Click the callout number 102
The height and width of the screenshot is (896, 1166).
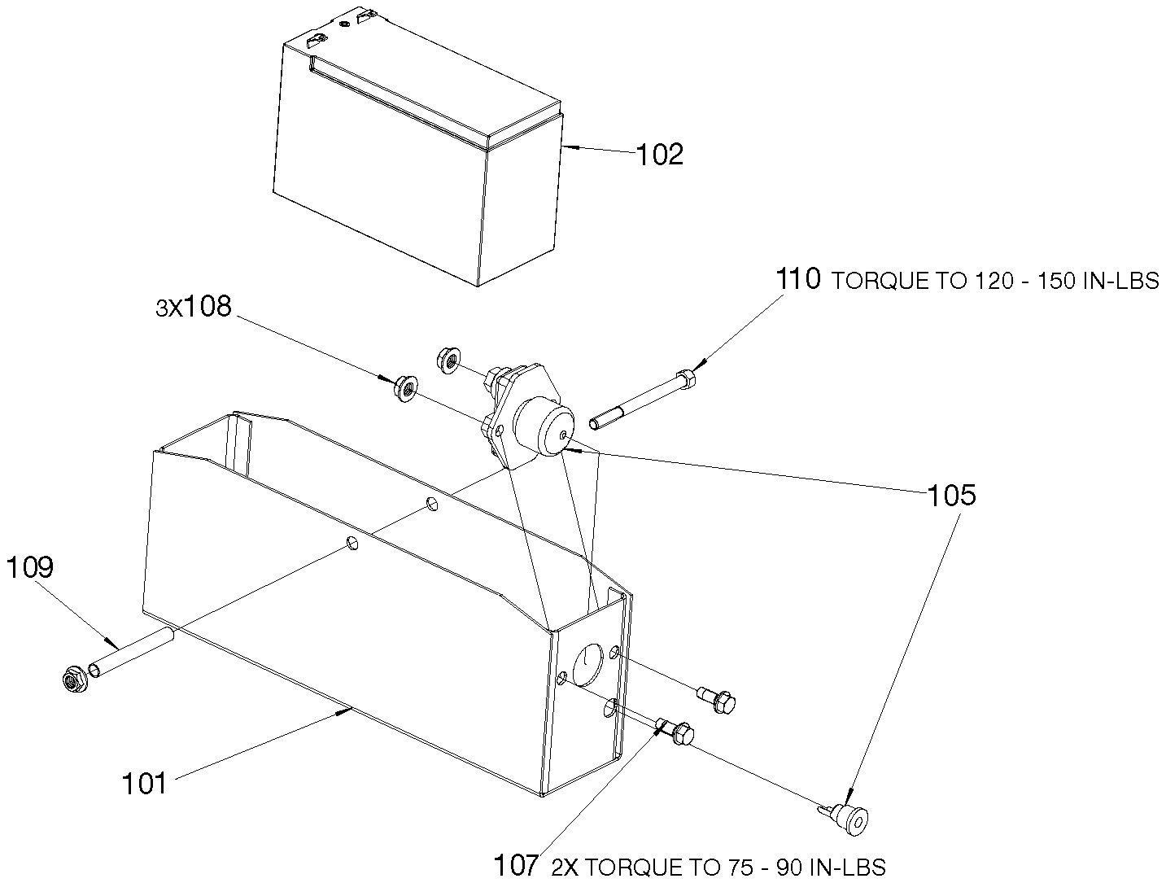(659, 154)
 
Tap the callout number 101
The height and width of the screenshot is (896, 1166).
(144, 784)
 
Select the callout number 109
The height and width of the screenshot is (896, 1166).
(30, 567)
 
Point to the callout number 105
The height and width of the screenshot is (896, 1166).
(951, 496)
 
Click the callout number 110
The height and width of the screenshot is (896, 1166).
(798, 279)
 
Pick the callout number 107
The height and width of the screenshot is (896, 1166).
(516, 865)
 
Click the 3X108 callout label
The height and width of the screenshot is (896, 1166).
(193, 306)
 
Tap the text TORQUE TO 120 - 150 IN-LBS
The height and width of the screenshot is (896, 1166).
(995, 281)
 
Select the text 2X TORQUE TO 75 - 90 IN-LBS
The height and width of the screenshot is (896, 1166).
(718, 868)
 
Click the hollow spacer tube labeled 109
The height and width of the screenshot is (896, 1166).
(132, 653)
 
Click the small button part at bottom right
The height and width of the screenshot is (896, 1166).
(847, 818)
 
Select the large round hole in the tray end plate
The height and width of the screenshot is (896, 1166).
(588, 664)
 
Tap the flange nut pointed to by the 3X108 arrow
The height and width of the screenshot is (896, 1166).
(406, 389)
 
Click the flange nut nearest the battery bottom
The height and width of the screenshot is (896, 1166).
(448, 361)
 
